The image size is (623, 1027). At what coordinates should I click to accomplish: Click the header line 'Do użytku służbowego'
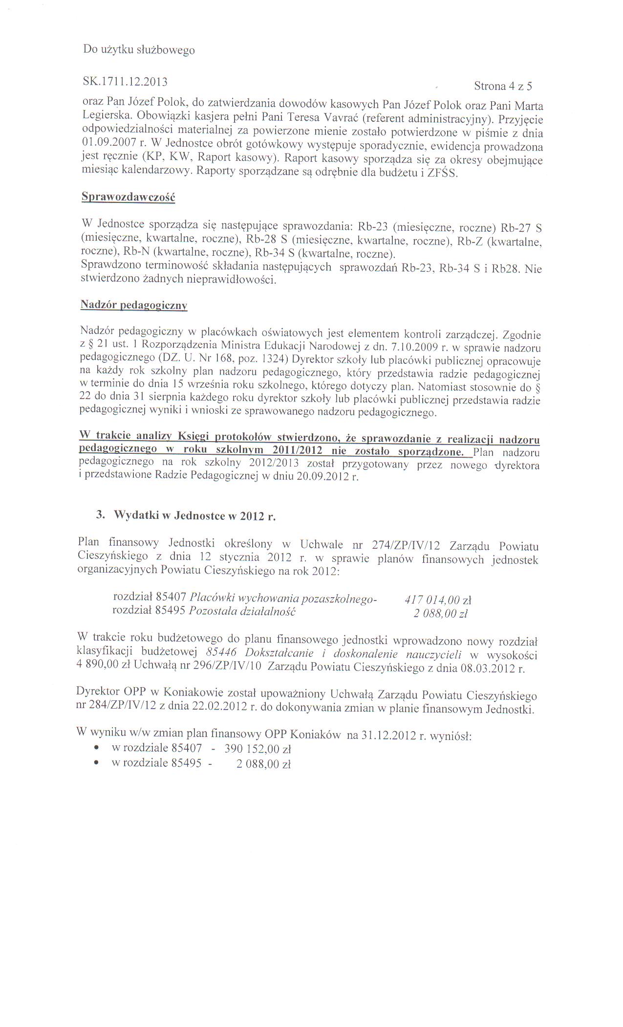coord(138,50)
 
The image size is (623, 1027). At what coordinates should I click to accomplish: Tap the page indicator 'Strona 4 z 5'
coord(503,87)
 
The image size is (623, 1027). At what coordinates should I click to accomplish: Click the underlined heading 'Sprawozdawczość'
coord(128,197)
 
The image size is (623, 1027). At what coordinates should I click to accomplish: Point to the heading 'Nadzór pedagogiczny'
coord(133,305)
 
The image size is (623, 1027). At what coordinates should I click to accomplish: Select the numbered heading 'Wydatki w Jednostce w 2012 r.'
coord(194,516)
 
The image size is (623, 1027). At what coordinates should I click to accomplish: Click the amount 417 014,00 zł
coord(438,600)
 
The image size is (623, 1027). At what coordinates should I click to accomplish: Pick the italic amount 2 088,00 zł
coord(441,613)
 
